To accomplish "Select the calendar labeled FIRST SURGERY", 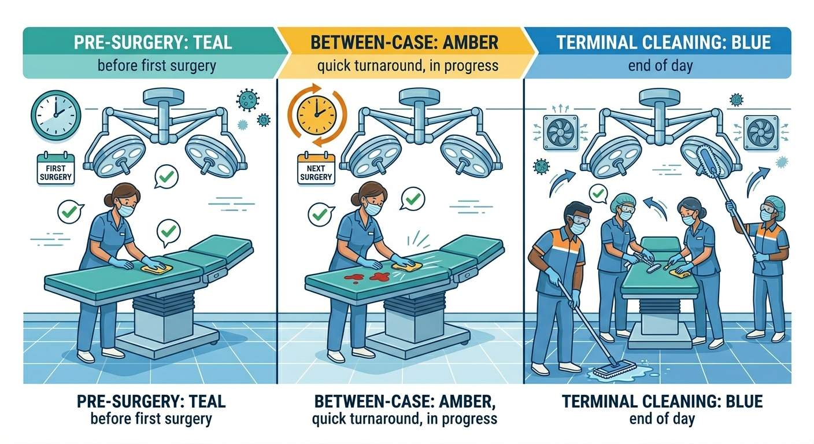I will [56, 169].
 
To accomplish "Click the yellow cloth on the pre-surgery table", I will [153, 267].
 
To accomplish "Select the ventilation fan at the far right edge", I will [761, 132].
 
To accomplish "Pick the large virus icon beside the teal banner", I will [248, 100].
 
